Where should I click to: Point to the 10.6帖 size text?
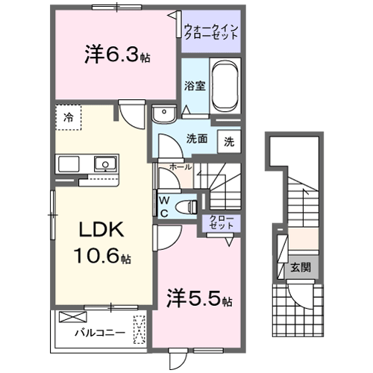103,258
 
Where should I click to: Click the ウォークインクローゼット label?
211,32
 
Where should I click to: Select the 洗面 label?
196,138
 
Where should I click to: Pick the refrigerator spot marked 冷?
68,117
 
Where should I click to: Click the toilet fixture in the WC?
189,204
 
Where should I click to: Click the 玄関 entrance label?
301,266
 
